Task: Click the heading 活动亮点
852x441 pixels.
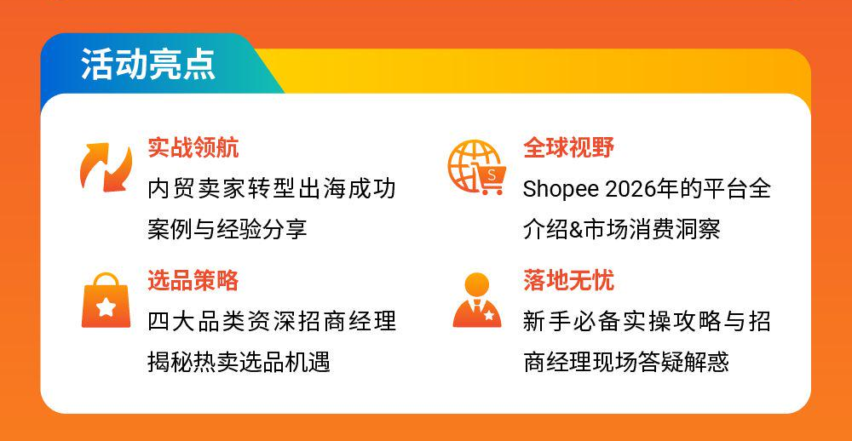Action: [x=148, y=66]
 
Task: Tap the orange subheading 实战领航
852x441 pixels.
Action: [x=193, y=148]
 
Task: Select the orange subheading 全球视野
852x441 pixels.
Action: [x=568, y=148]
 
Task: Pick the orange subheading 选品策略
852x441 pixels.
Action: [x=193, y=280]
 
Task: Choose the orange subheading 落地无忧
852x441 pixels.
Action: [x=568, y=280]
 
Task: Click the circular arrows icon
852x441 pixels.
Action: [x=106, y=168]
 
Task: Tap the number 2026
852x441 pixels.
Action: [x=630, y=189]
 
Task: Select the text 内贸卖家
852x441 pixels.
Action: [x=197, y=189]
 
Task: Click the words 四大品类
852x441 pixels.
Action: [x=197, y=322]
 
